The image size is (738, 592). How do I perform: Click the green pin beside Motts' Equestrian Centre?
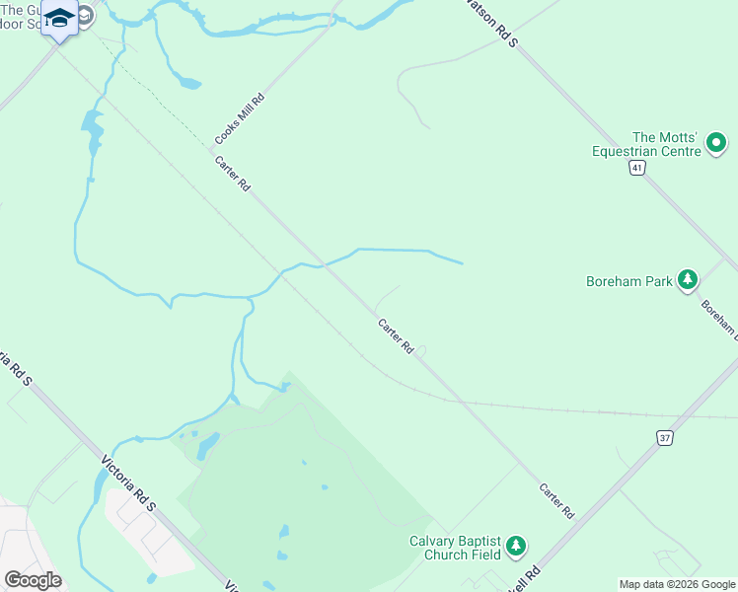click(716, 144)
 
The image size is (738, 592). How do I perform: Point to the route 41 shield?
click(638, 169)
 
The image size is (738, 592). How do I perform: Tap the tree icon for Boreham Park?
click(687, 280)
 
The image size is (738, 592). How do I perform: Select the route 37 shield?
click(666, 437)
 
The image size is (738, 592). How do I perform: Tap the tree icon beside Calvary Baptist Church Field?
click(514, 546)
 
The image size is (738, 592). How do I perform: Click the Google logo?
click(33, 580)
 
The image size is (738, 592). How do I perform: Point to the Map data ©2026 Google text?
click(677, 584)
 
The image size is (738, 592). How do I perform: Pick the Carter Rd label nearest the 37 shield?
click(556, 501)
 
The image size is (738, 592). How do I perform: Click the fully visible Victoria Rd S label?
click(129, 482)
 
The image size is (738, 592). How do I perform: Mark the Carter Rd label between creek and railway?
click(395, 336)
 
